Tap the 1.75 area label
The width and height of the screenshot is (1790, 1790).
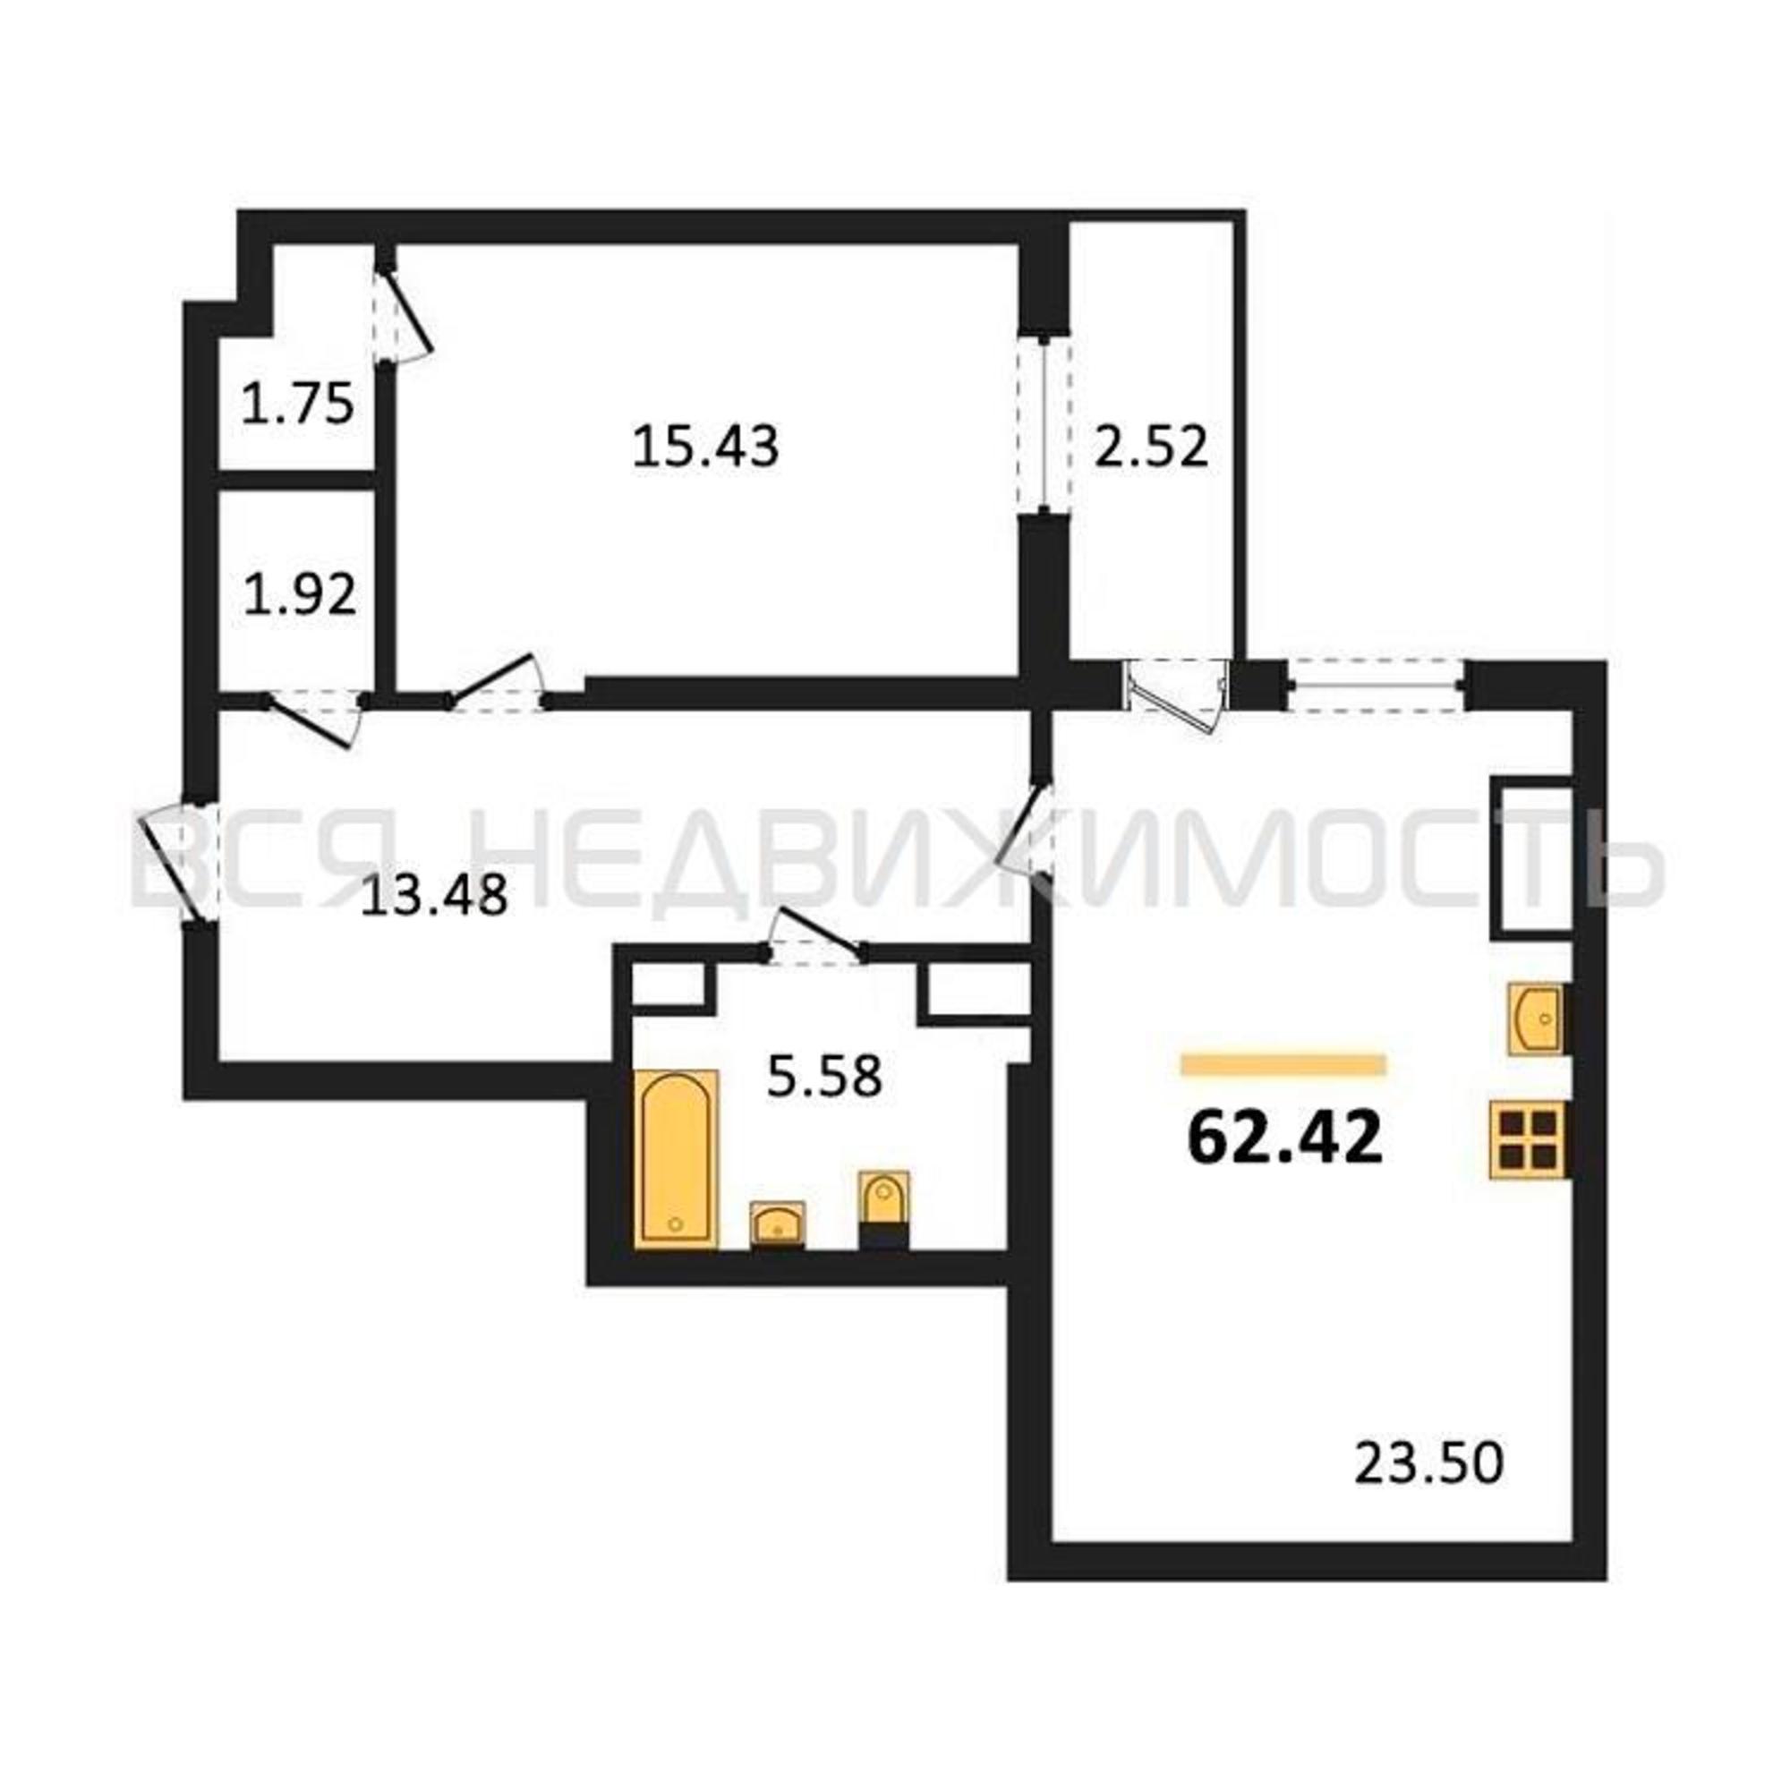coord(297,404)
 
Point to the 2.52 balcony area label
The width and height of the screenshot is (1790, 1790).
coord(1152,447)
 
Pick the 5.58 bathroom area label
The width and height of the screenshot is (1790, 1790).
coord(824,1077)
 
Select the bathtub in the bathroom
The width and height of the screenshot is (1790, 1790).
coord(677,1158)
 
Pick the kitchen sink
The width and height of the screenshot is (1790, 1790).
coord(1535,1019)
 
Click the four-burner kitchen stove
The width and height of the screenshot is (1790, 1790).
coord(1529,1138)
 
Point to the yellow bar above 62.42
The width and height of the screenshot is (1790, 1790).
coord(1284,1064)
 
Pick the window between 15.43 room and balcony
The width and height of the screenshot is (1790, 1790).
coord(1045,425)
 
